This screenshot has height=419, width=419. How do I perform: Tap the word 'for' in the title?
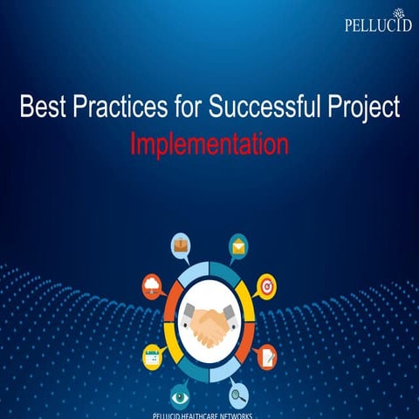(x=187, y=108)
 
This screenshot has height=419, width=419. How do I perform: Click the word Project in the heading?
(x=361, y=108)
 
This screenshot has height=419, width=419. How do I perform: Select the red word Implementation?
(x=209, y=144)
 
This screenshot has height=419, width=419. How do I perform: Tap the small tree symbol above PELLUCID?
(x=401, y=12)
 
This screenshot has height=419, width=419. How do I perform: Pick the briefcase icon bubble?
(x=181, y=246)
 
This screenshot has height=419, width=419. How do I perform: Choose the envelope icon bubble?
(x=237, y=246)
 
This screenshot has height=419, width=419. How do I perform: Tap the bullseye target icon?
(x=266, y=285)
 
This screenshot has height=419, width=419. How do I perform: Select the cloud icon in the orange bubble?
(x=152, y=285)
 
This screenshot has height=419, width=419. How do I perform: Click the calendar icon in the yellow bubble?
(x=152, y=355)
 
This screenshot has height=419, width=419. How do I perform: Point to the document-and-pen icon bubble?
(x=266, y=355)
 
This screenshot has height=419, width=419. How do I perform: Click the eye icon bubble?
(x=181, y=394)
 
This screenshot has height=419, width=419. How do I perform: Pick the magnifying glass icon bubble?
(x=237, y=394)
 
